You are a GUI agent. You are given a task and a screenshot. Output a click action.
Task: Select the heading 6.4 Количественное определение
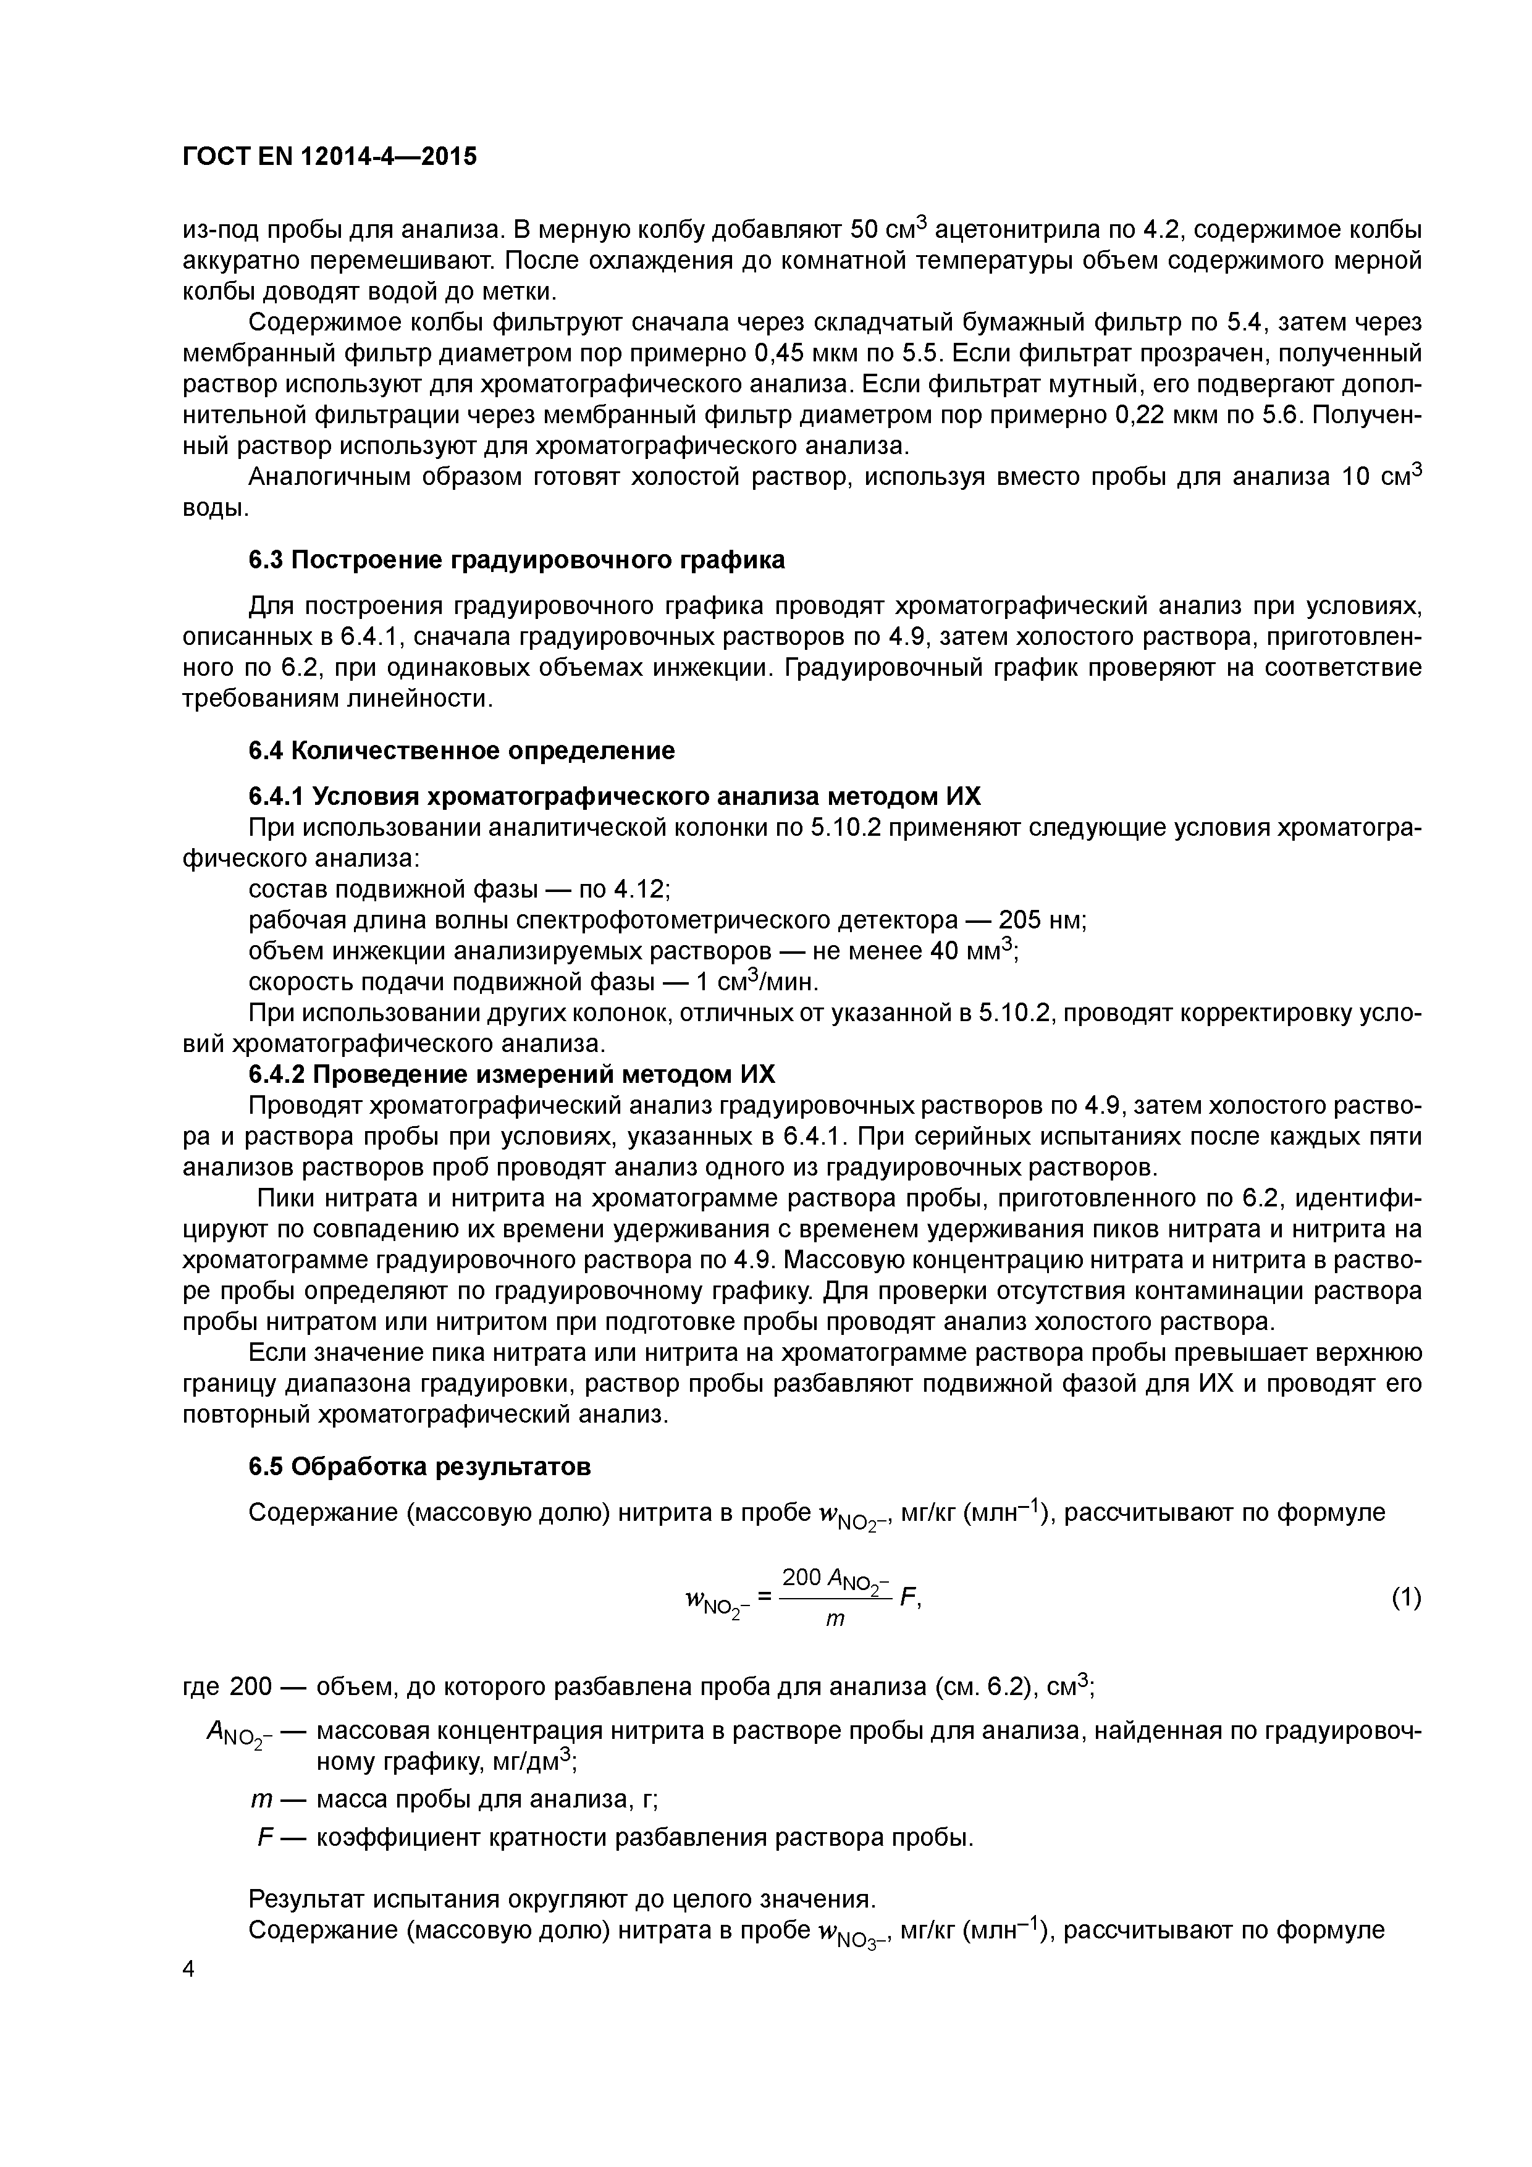[x=461, y=751]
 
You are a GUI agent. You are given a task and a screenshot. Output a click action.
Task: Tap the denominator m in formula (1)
[x=835, y=1620]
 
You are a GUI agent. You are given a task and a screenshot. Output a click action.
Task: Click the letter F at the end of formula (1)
[x=909, y=1597]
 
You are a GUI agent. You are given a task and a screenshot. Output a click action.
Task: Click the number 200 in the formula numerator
[x=801, y=1576]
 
